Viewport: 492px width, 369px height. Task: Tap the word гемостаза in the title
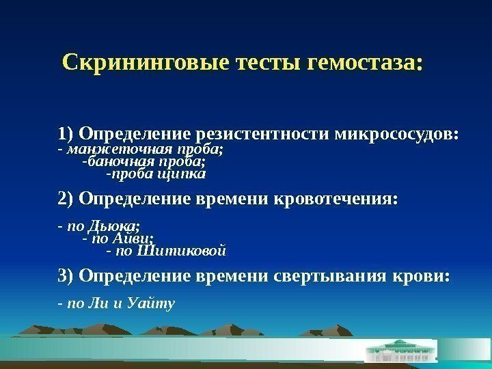pos(366,64)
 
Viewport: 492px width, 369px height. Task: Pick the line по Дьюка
pos(103,225)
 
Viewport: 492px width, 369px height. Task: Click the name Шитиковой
pos(181,251)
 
